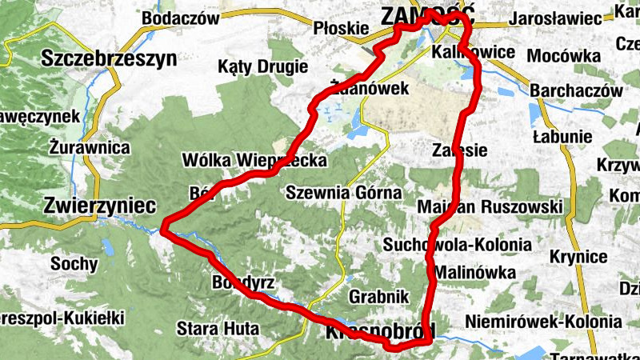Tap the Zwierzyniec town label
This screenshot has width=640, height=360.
101,205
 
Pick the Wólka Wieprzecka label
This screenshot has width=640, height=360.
254,161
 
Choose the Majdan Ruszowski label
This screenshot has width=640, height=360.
490,207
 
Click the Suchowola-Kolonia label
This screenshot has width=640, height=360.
458,244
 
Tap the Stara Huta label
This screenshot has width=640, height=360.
212,327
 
